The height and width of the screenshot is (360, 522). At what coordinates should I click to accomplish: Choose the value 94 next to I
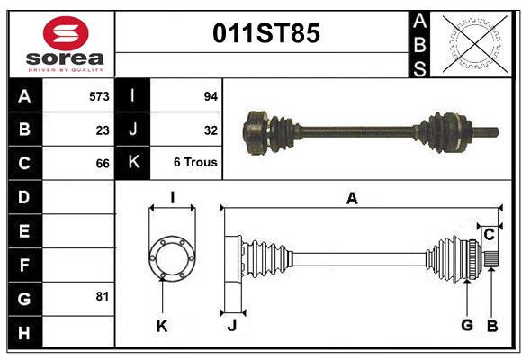point(211,95)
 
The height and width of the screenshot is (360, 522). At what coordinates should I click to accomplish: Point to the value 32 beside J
point(211,130)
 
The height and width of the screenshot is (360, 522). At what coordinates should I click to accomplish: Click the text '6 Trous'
point(195,163)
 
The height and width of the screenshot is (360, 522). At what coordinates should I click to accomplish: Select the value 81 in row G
point(102,295)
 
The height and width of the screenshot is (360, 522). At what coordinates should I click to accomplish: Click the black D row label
point(23,196)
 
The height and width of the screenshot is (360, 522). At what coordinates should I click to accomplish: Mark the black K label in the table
point(133,163)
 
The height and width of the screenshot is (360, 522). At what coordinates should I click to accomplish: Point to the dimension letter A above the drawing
point(352,199)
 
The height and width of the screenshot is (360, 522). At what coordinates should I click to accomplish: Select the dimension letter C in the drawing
point(489,235)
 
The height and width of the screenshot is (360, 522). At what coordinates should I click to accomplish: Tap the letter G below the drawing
point(467,325)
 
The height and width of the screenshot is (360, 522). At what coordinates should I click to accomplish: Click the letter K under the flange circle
point(162,326)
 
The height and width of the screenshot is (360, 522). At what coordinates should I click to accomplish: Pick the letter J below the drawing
point(231,326)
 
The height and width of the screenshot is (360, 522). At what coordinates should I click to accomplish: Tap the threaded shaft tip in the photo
point(492,133)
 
